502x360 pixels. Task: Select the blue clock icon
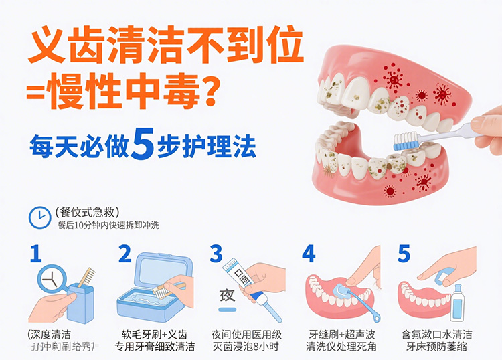click(39, 216)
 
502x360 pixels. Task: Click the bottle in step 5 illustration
click(458, 302)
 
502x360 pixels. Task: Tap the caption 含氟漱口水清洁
click(437, 333)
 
